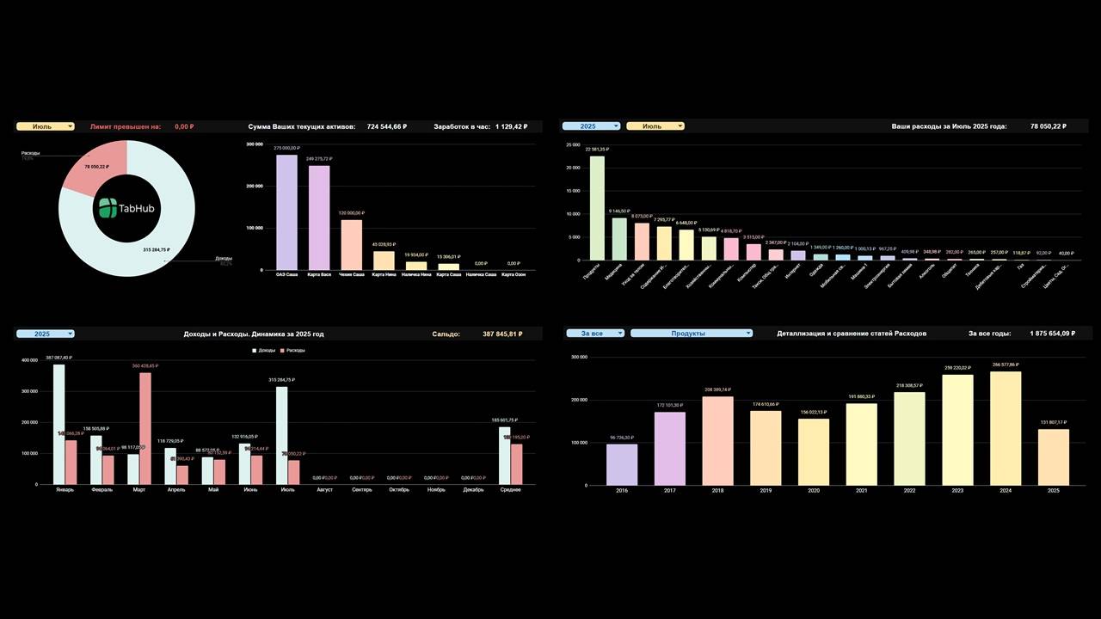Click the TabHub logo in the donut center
pos(127,207)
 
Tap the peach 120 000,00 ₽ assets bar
pos(352,245)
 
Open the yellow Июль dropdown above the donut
pos(45,126)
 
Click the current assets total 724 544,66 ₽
pos(386,126)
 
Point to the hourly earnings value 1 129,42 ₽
pos(511,126)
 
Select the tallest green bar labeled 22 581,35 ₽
pos(596,207)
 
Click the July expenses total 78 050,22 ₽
pos(1048,126)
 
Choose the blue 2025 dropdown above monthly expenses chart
pos(591,126)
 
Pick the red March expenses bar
pos(145,427)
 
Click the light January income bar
pos(58,424)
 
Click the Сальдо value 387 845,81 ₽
pos(502,334)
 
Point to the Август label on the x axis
pos(324,490)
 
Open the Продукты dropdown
pos(691,334)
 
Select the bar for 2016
pos(622,464)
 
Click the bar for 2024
pos(1006,428)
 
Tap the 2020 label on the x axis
pos(814,491)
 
